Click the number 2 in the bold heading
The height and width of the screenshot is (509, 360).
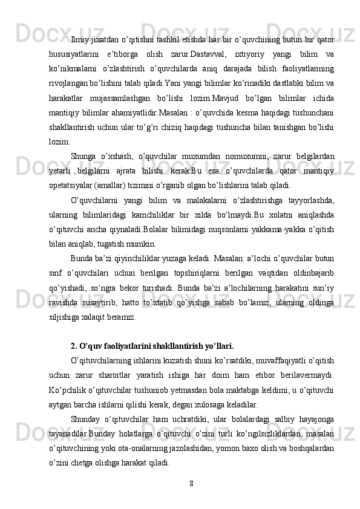point(73,346)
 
